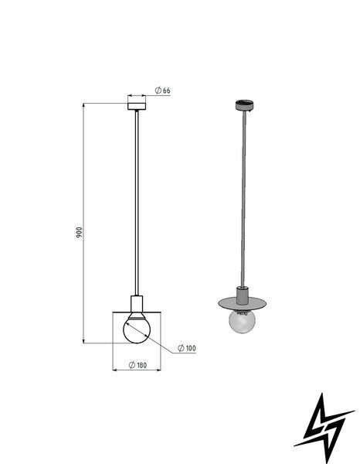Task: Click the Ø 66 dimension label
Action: (163, 90)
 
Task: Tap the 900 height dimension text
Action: (79, 233)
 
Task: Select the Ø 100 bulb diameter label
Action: (187, 348)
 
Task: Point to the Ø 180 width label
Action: (138, 365)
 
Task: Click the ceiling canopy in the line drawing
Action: (137, 106)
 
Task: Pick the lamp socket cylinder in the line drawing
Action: (137, 303)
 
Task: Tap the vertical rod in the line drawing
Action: (137, 203)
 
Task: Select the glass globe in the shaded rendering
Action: (242, 322)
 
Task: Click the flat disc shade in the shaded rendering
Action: (243, 303)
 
